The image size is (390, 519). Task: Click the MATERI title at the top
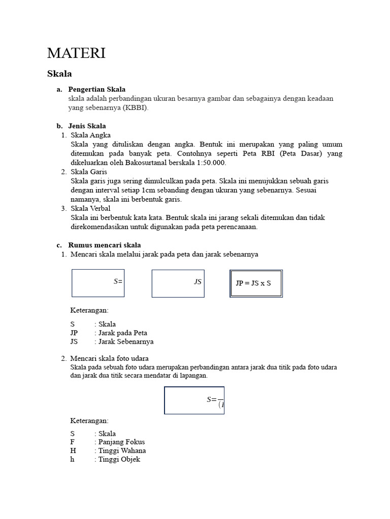(76, 53)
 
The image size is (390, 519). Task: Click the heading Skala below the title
(59, 74)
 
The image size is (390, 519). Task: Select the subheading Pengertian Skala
(96, 89)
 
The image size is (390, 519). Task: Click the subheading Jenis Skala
(87, 126)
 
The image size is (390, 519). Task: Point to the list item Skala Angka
(90, 135)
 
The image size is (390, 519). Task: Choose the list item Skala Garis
(89, 172)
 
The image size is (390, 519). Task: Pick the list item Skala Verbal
(90, 208)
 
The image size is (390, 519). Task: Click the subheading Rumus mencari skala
(104, 245)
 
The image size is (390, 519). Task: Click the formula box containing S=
(98, 283)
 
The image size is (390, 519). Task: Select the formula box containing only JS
(178, 283)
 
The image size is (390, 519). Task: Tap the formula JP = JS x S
(256, 283)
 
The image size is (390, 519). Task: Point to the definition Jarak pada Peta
(122, 333)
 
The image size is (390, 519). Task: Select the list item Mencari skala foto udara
(109, 358)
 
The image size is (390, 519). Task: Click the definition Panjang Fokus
(121, 442)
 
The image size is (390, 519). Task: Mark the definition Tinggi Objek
(119, 459)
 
